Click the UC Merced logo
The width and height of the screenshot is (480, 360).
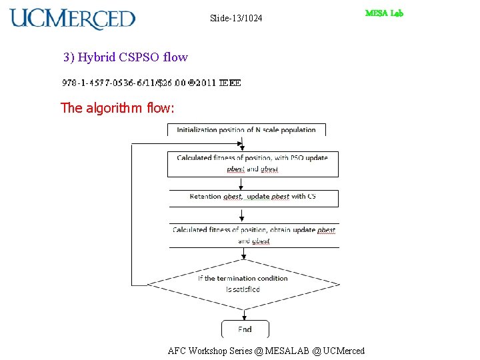72,19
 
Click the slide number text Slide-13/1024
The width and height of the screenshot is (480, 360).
236,18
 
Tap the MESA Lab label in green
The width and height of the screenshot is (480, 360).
384,13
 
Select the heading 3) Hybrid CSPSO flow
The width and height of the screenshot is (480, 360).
125,57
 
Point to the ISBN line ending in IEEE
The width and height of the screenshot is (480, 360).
151,83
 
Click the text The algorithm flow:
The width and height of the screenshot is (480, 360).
117,107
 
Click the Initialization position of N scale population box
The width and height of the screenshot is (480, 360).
246,129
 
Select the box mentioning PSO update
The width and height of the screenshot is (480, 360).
252,163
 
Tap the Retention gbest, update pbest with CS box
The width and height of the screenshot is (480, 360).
253,197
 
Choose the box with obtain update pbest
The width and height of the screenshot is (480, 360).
254,235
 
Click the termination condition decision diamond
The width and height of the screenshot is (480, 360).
243,284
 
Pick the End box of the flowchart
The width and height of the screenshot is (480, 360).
245,329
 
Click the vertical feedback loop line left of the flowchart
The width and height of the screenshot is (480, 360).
132,213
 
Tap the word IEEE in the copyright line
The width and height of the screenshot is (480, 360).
230,83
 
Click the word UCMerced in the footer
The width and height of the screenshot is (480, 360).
343,351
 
